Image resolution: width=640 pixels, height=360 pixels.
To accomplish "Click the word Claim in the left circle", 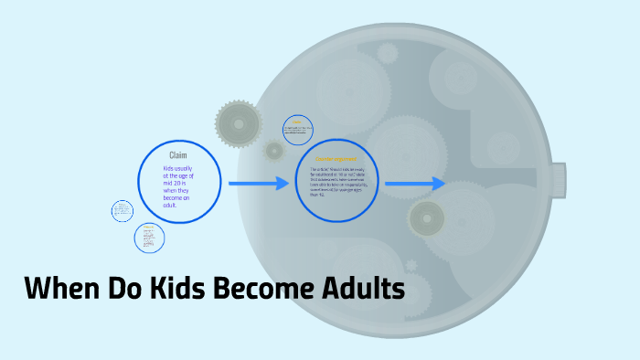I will [x=178, y=155].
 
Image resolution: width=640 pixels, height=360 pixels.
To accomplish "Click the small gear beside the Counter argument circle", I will [x=273, y=150].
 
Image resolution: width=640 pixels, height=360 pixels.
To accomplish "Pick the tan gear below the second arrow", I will [x=426, y=218].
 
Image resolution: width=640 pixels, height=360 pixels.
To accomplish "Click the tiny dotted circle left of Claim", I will [x=122, y=211].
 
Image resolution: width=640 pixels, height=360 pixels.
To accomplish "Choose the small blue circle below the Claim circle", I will [x=149, y=238].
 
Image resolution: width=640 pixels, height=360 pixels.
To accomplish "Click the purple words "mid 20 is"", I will [x=177, y=190].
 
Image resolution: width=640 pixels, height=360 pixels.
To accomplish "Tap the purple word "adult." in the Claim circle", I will [x=171, y=205].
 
